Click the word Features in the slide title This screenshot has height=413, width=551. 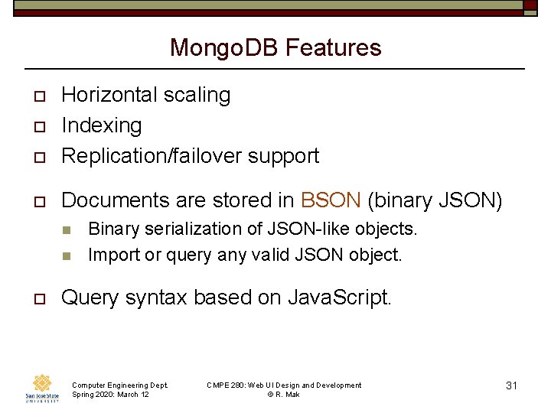click(333, 48)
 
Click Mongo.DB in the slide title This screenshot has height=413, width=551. click(224, 48)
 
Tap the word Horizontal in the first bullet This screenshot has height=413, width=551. click(108, 95)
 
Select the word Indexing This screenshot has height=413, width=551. click(102, 125)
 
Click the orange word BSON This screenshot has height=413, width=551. click(331, 200)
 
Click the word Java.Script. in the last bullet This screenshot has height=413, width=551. click(340, 298)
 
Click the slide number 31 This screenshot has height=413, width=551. click(512, 385)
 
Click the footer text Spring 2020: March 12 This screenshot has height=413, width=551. click(110, 394)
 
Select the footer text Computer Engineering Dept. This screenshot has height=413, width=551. click(119, 385)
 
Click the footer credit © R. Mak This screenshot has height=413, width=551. click(284, 394)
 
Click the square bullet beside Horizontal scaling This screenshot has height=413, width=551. click(35, 96)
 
